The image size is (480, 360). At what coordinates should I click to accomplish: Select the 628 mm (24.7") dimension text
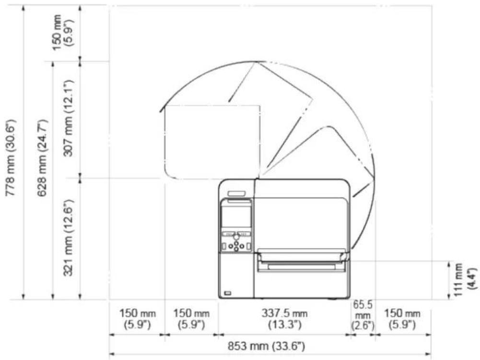42,158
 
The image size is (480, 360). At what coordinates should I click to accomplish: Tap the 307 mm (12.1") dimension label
69,118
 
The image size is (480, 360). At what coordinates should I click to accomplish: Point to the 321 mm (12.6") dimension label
69,238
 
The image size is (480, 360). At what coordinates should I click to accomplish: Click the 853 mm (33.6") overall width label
266,346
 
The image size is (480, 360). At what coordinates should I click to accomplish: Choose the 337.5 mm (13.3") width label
285,319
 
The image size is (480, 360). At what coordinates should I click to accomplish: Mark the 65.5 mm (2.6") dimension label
363,315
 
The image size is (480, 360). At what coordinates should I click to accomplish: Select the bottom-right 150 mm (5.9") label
402,319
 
